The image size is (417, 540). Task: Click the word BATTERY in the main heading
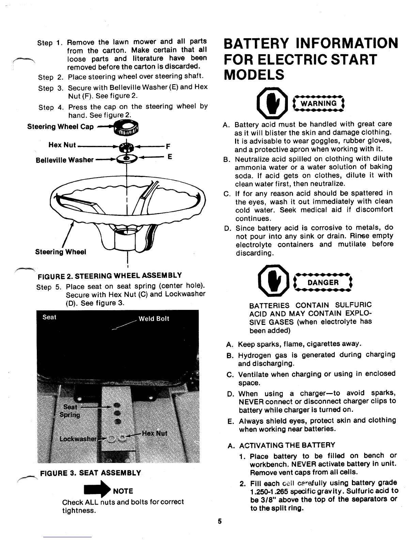255,44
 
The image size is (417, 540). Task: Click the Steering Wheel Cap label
60,127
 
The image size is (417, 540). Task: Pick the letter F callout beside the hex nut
168,147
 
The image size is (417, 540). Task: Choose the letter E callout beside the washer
169,157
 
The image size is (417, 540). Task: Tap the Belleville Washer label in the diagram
65,160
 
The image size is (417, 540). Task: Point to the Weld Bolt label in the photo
154,319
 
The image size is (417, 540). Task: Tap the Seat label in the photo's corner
49,317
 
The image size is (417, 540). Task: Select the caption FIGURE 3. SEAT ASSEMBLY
91,473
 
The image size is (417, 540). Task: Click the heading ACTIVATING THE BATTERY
287,445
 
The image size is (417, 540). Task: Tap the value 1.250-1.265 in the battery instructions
269,491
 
